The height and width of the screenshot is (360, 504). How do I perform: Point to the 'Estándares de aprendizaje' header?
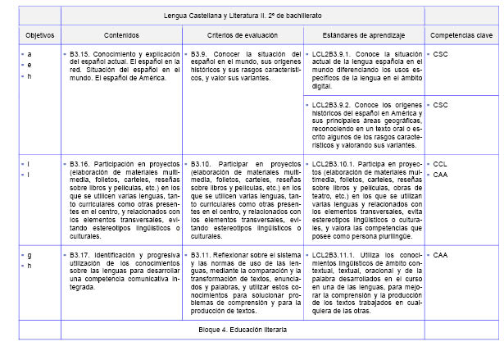364,36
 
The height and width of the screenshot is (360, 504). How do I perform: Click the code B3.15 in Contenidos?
81,53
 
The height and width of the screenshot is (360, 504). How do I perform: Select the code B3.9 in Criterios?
200,53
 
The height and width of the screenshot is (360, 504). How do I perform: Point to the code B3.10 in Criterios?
202,164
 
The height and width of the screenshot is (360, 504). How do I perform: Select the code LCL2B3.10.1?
333,164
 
